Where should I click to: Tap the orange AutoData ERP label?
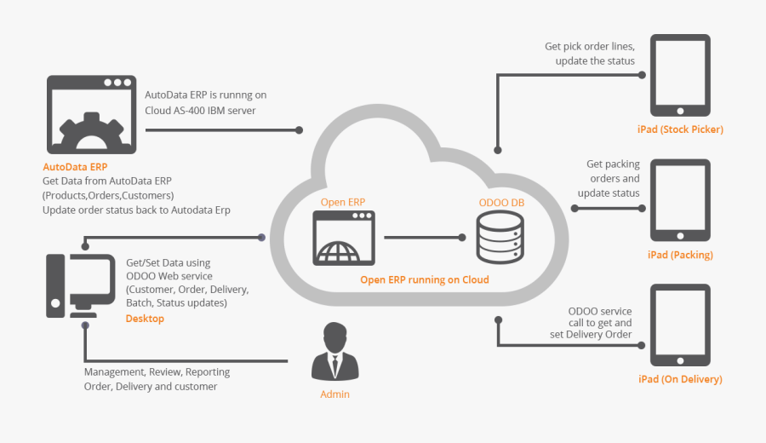[x=75, y=167]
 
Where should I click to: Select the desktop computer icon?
[x=80, y=286]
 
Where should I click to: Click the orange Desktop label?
[x=145, y=319]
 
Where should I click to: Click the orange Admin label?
[x=334, y=394]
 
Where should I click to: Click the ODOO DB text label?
[x=501, y=203]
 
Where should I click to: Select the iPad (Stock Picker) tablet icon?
[x=680, y=76]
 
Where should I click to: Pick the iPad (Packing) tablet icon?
[x=680, y=200]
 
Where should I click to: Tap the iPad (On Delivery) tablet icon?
[x=680, y=326]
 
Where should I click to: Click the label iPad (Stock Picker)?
[x=680, y=129]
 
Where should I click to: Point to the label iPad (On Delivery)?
[x=680, y=379]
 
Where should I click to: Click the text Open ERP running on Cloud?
[x=424, y=279]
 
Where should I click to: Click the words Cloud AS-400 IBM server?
[x=200, y=111]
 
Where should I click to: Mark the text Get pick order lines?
[x=590, y=47]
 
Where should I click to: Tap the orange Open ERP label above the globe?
[x=343, y=202]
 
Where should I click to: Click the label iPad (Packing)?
[x=680, y=255]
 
